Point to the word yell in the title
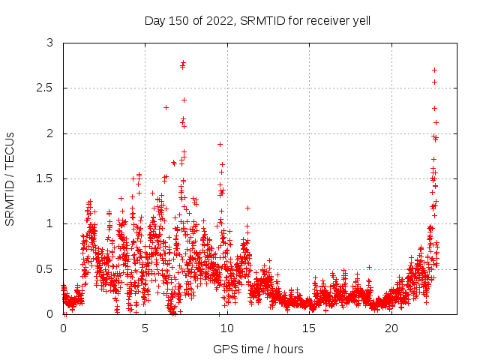pos(359,20)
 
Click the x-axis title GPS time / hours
pos(258,349)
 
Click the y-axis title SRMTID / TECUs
pos(10,178)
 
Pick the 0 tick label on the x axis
pos(63,328)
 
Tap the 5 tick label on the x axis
pos(145,328)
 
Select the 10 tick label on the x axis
pos(227,328)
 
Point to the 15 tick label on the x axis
pos(310,328)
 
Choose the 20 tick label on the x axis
pos(391,328)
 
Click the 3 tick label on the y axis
pos(50,43)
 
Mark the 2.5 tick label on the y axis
pos(46,88)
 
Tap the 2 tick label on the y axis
pos(50,133)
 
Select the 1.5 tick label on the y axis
pos(46,178)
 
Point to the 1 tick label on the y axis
pos(50,223)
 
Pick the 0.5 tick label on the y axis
pos(46,269)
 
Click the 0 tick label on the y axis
pos(50,314)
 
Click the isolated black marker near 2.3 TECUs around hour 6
pos(166,107)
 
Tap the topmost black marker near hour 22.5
pos(434,70)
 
